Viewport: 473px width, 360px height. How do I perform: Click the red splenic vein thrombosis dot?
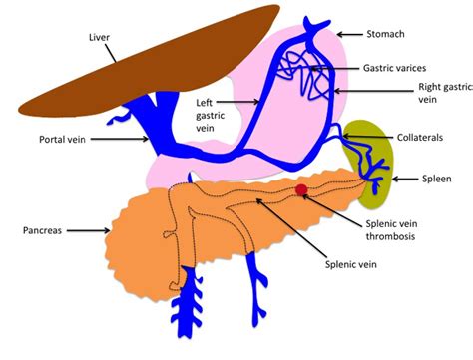click(301, 189)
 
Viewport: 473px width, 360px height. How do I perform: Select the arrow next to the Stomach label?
click(346, 34)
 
